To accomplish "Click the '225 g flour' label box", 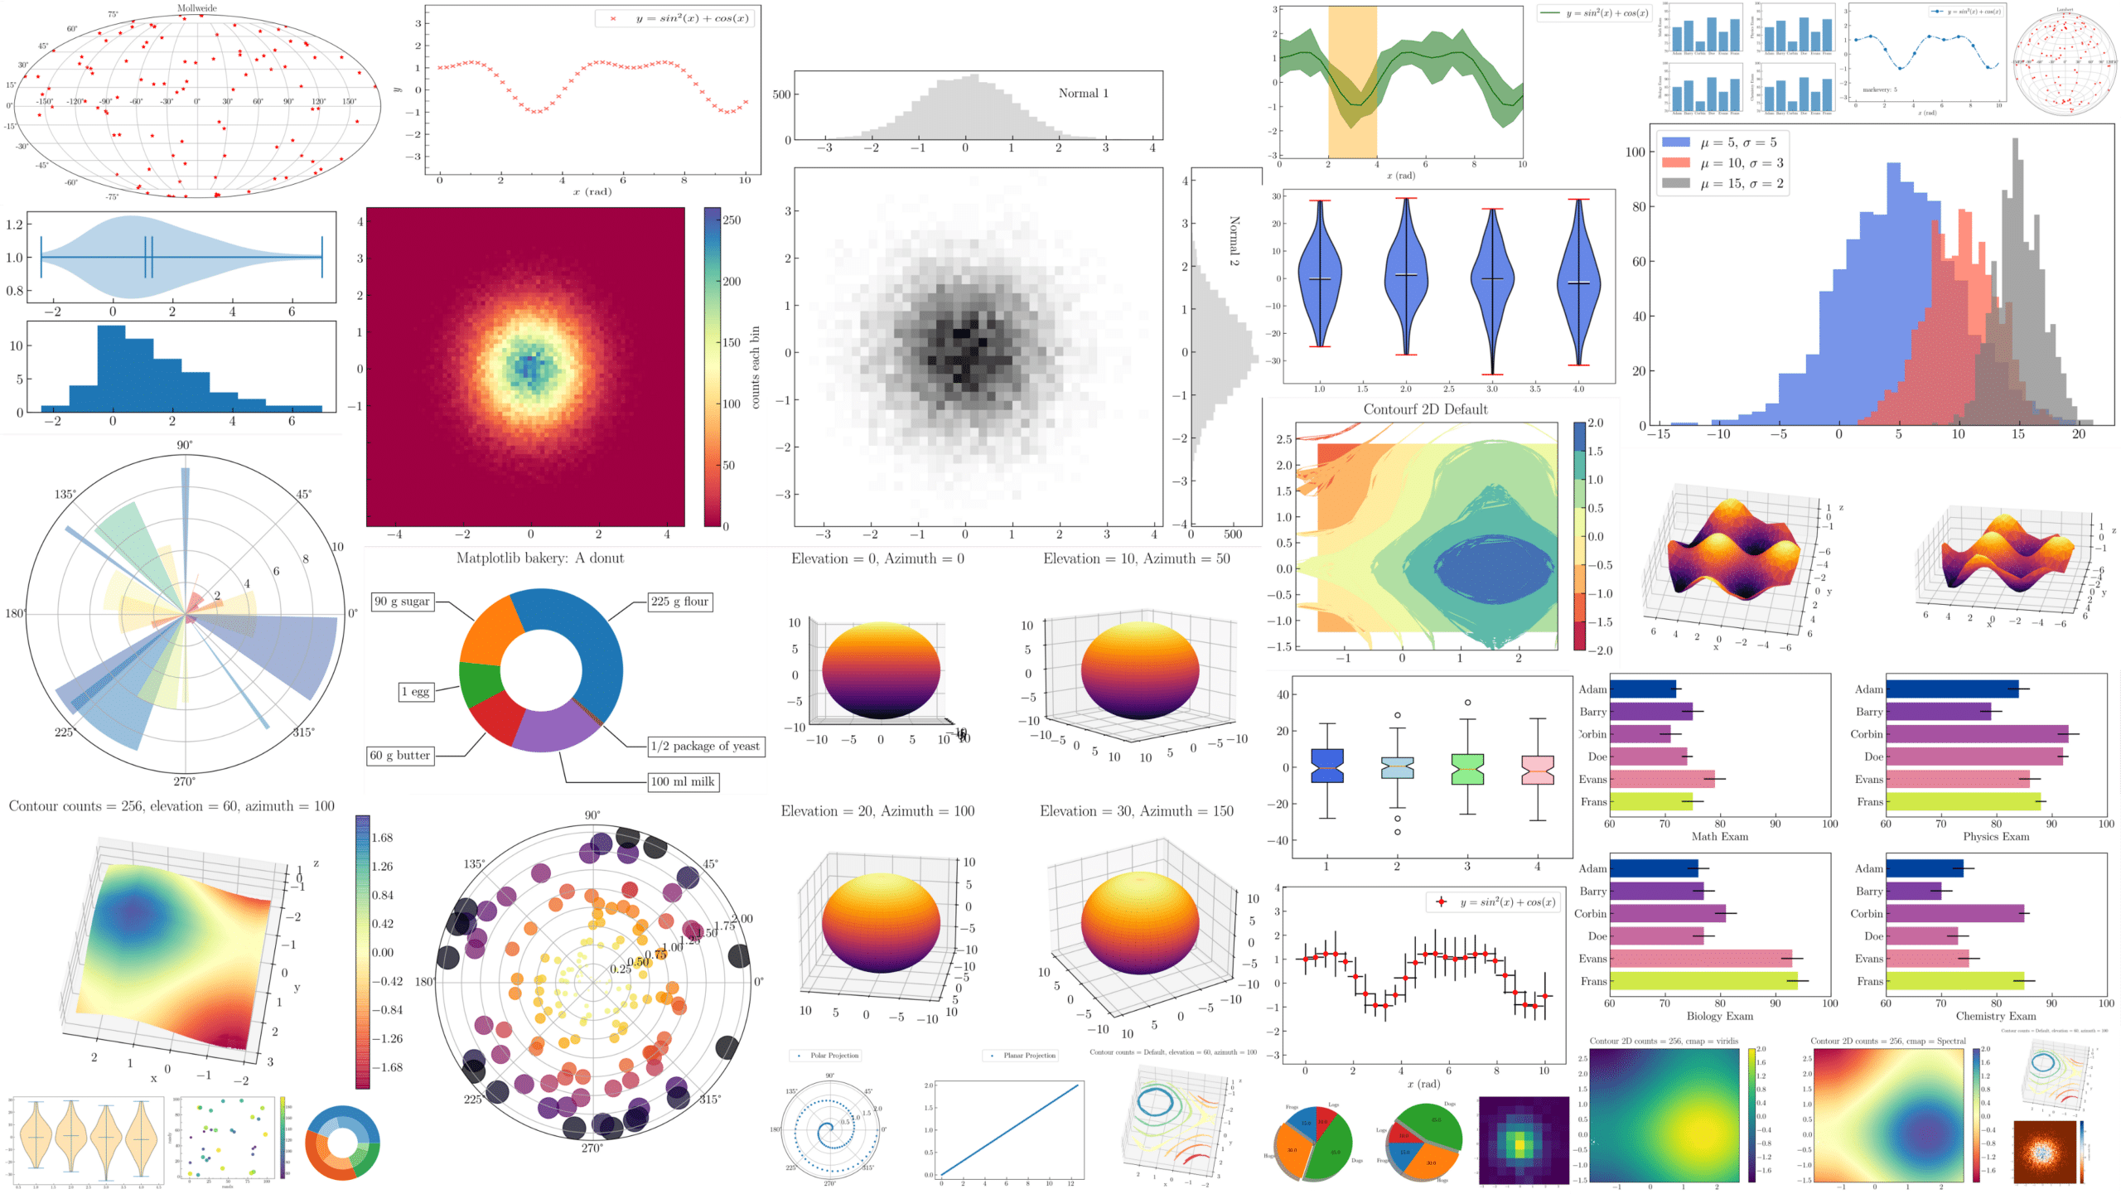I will click(679, 602).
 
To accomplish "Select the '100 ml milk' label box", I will click(683, 781).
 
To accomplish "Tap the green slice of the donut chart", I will click(480, 684).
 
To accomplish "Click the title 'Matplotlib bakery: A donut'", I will click(540, 558).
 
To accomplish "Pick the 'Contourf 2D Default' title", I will click(1425, 409).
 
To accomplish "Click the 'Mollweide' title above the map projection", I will click(197, 8).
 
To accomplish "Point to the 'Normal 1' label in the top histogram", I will click(1083, 94).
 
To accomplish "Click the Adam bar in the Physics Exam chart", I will click(1952, 689).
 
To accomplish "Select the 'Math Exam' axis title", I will click(1719, 837).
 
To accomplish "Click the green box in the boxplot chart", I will click(1467, 769).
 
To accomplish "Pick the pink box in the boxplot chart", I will click(1538, 770).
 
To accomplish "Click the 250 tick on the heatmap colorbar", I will click(732, 220).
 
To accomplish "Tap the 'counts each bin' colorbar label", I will click(756, 368).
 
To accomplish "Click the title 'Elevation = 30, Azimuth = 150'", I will click(1136, 811).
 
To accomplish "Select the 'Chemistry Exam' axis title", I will click(1995, 1017).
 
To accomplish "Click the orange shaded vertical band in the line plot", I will click(1352, 83).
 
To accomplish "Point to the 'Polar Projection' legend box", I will click(829, 1056).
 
